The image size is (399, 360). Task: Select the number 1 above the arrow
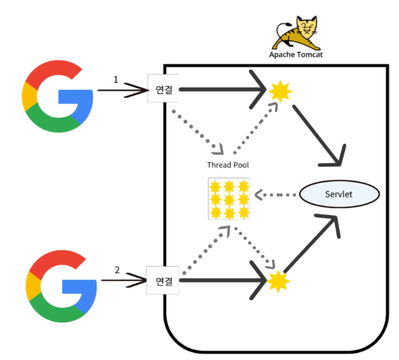(x=116, y=80)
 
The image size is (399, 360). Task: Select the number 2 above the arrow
(x=117, y=270)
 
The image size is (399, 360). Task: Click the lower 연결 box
(x=162, y=281)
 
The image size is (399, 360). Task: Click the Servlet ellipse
(x=339, y=194)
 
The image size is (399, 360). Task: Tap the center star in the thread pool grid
(x=228, y=199)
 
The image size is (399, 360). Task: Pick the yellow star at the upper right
(x=281, y=92)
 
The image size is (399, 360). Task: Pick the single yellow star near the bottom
(x=277, y=280)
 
